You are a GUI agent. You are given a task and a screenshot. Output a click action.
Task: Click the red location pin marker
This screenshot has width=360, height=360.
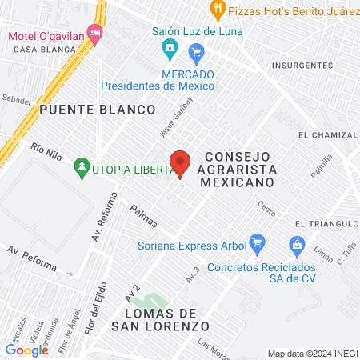click(181, 163)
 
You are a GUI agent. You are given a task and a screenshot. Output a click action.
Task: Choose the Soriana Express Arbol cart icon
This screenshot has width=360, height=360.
click(257, 241)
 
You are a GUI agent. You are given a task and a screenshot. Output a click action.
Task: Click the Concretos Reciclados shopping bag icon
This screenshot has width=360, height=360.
click(297, 243)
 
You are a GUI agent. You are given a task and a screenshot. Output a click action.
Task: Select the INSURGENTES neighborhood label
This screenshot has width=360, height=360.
click(302, 65)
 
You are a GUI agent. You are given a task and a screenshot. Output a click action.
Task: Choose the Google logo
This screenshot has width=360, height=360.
click(26, 349)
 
